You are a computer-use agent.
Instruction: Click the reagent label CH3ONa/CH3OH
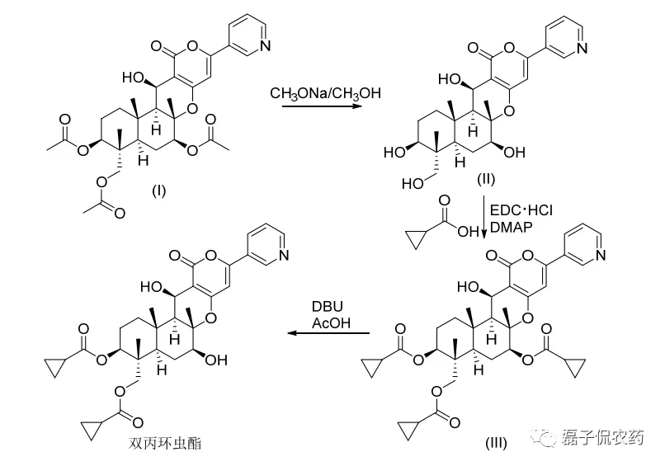pyautogui.click(x=325, y=94)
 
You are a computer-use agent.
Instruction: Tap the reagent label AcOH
pyautogui.click(x=331, y=322)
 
